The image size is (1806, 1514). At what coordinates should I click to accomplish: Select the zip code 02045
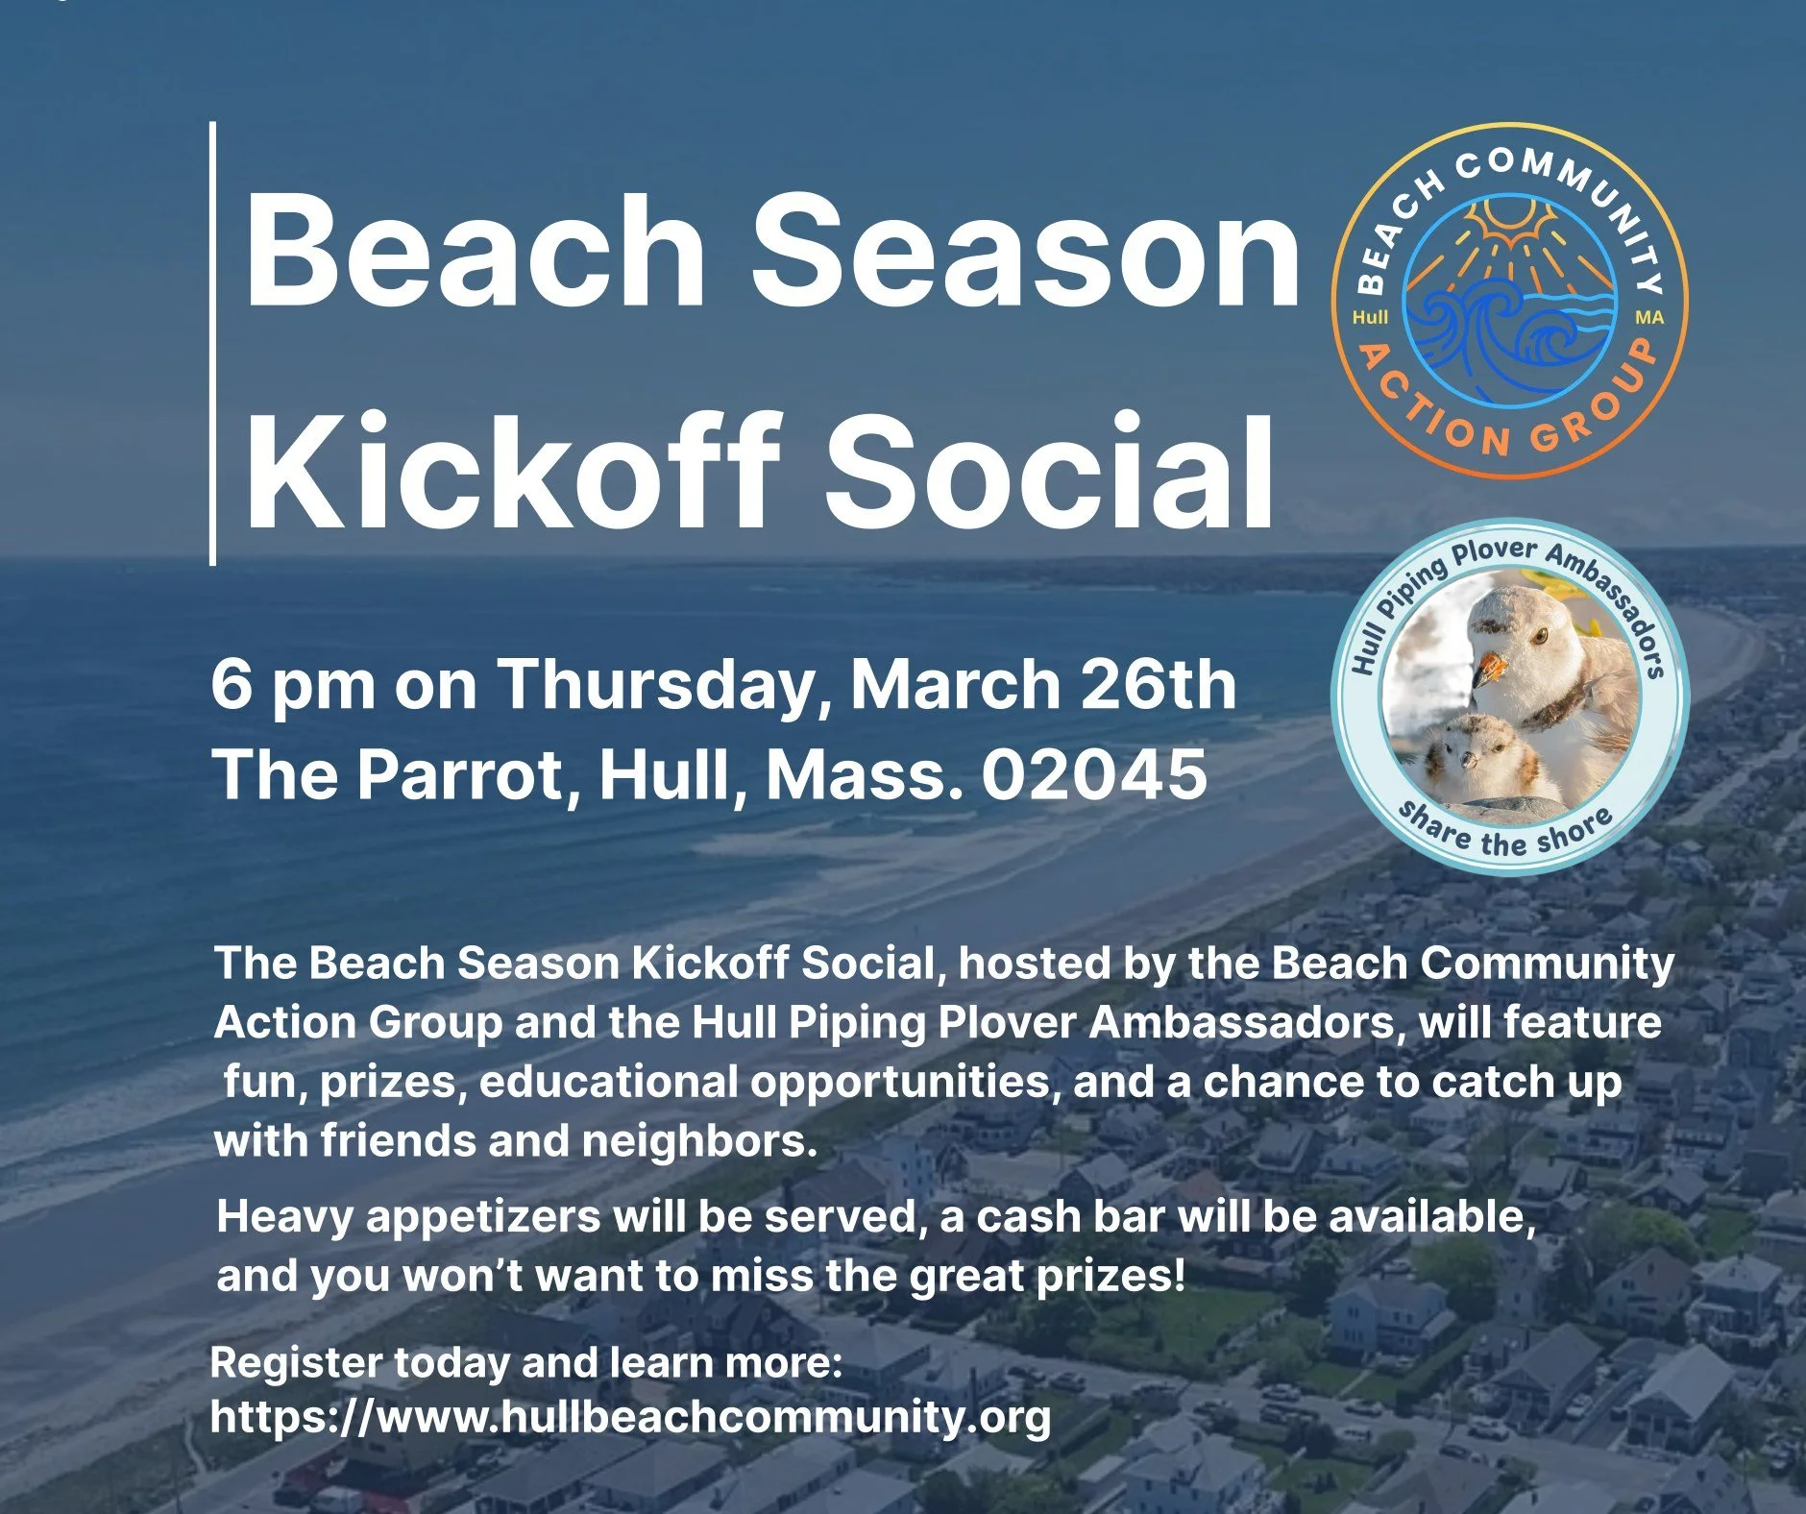tap(1093, 774)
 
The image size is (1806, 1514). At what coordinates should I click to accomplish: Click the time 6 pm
tap(293, 685)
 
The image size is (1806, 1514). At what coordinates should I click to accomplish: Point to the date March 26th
tap(1042, 683)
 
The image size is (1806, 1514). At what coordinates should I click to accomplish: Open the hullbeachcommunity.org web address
tap(629, 1417)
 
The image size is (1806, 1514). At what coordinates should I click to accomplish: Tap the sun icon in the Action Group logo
tap(1510, 227)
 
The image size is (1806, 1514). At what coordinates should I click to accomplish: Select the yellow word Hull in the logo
tap(1370, 317)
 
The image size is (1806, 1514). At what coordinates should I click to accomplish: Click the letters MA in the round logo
tap(1648, 317)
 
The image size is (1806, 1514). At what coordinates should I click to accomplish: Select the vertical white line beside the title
tap(212, 343)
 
